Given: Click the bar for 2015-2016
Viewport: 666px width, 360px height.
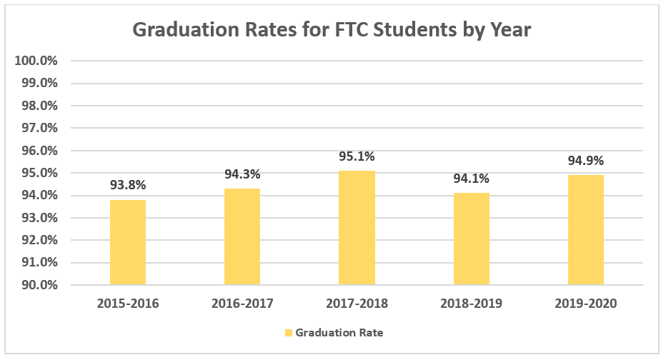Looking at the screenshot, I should click(128, 242).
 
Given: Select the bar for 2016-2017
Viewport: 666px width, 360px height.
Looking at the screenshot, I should click(242, 236).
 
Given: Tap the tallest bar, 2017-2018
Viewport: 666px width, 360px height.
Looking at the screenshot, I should click(357, 228).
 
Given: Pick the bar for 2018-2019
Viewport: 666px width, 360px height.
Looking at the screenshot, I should click(471, 239).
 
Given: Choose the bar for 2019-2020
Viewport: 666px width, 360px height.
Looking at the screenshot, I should click(586, 230).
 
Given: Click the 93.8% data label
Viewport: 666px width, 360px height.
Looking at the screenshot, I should click(128, 185).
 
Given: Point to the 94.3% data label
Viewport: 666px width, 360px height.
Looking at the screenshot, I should click(242, 174).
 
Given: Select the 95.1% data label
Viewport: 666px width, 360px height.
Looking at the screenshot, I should click(357, 156).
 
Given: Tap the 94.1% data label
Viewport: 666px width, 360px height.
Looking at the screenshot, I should click(471, 179).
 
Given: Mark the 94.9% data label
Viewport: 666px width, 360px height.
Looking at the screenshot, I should click(586, 160).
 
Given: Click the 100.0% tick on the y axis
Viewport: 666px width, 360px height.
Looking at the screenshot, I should click(36, 61).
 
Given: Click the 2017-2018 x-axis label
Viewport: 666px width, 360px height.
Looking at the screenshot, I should click(357, 304).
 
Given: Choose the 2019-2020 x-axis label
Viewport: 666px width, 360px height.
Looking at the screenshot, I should click(586, 304).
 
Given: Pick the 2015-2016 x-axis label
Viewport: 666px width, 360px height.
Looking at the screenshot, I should click(128, 304).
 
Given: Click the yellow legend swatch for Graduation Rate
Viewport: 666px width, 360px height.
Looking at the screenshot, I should click(289, 333).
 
